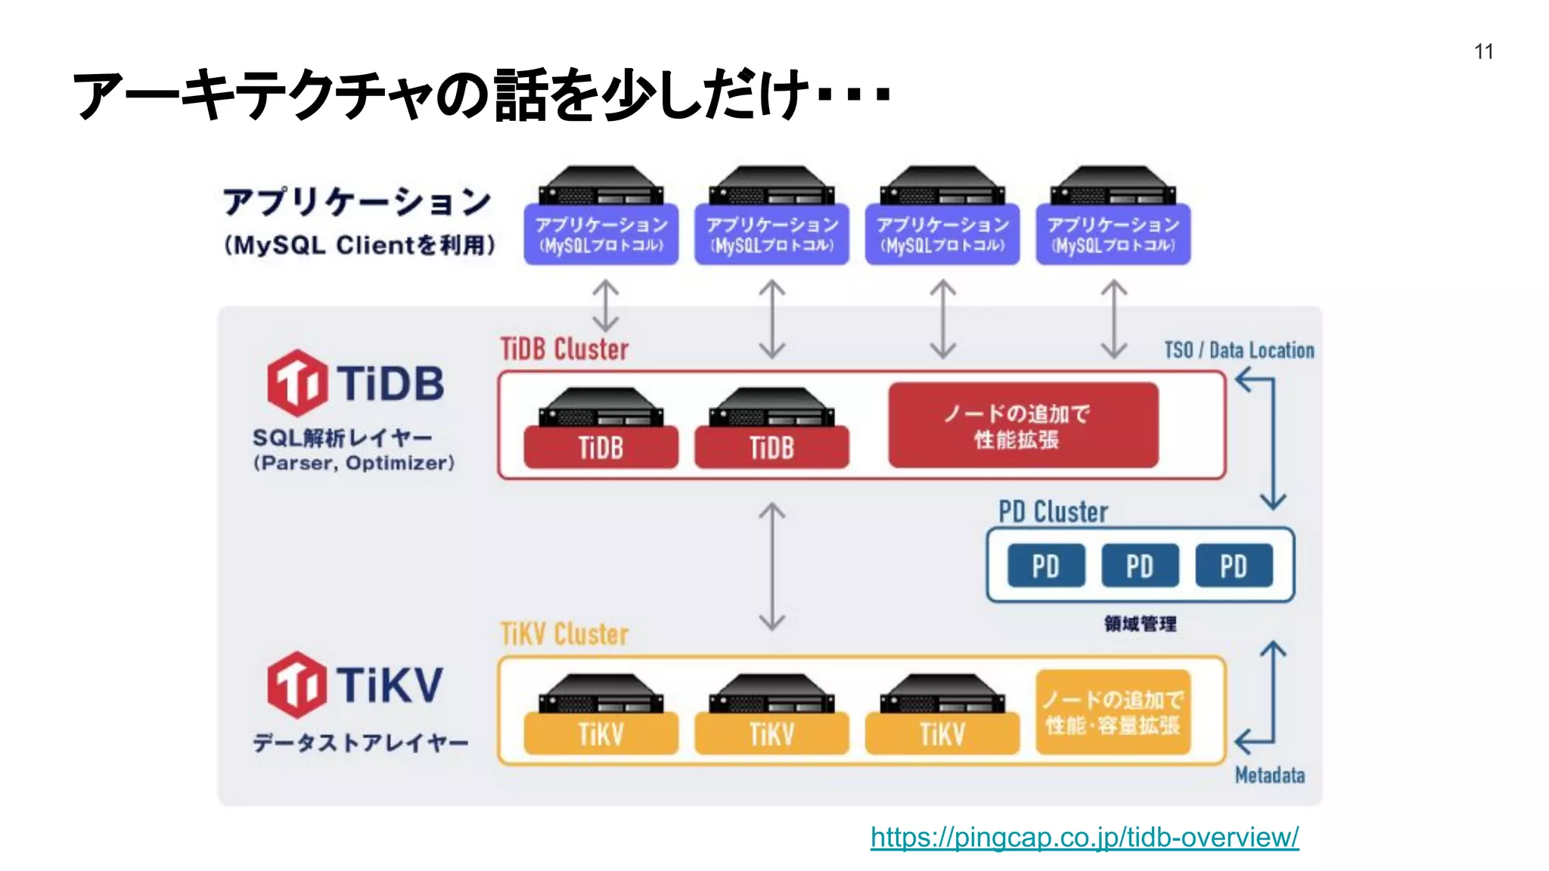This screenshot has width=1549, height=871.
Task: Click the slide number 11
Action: pos(1483,51)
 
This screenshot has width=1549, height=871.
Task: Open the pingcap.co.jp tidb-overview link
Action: pos(1084,837)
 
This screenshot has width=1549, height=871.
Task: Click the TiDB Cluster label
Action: pos(564,349)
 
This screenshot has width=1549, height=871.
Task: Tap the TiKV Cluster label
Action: pos(564,634)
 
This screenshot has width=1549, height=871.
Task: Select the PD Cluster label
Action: pos(1053,512)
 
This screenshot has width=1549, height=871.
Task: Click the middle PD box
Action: pos(1140,566)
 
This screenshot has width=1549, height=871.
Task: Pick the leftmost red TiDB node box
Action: pos(601,448)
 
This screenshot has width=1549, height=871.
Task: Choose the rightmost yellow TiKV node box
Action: pos(942,734)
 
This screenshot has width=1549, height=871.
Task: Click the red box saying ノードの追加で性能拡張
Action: pos(1023,426)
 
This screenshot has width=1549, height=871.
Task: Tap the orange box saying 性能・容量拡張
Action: pos(1113,712)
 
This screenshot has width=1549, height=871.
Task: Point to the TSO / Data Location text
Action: pos(1239,350)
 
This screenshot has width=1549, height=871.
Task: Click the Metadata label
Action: pos(1269,775)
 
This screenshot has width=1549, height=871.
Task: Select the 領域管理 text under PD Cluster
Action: pos(1140,624)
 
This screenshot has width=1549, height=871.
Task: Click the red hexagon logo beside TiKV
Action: pos(297,685)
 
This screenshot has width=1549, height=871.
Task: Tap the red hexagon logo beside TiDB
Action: pos(297,383)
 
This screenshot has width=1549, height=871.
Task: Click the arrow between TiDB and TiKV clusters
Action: pos(771,566)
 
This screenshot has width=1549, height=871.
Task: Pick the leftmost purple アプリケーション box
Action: pos(601,234)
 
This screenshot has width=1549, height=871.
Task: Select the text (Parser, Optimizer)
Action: pos(354,463)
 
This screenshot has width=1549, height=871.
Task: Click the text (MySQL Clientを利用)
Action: pos(360,245)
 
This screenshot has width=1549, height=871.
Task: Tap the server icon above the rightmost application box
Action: pos(1113,185)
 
